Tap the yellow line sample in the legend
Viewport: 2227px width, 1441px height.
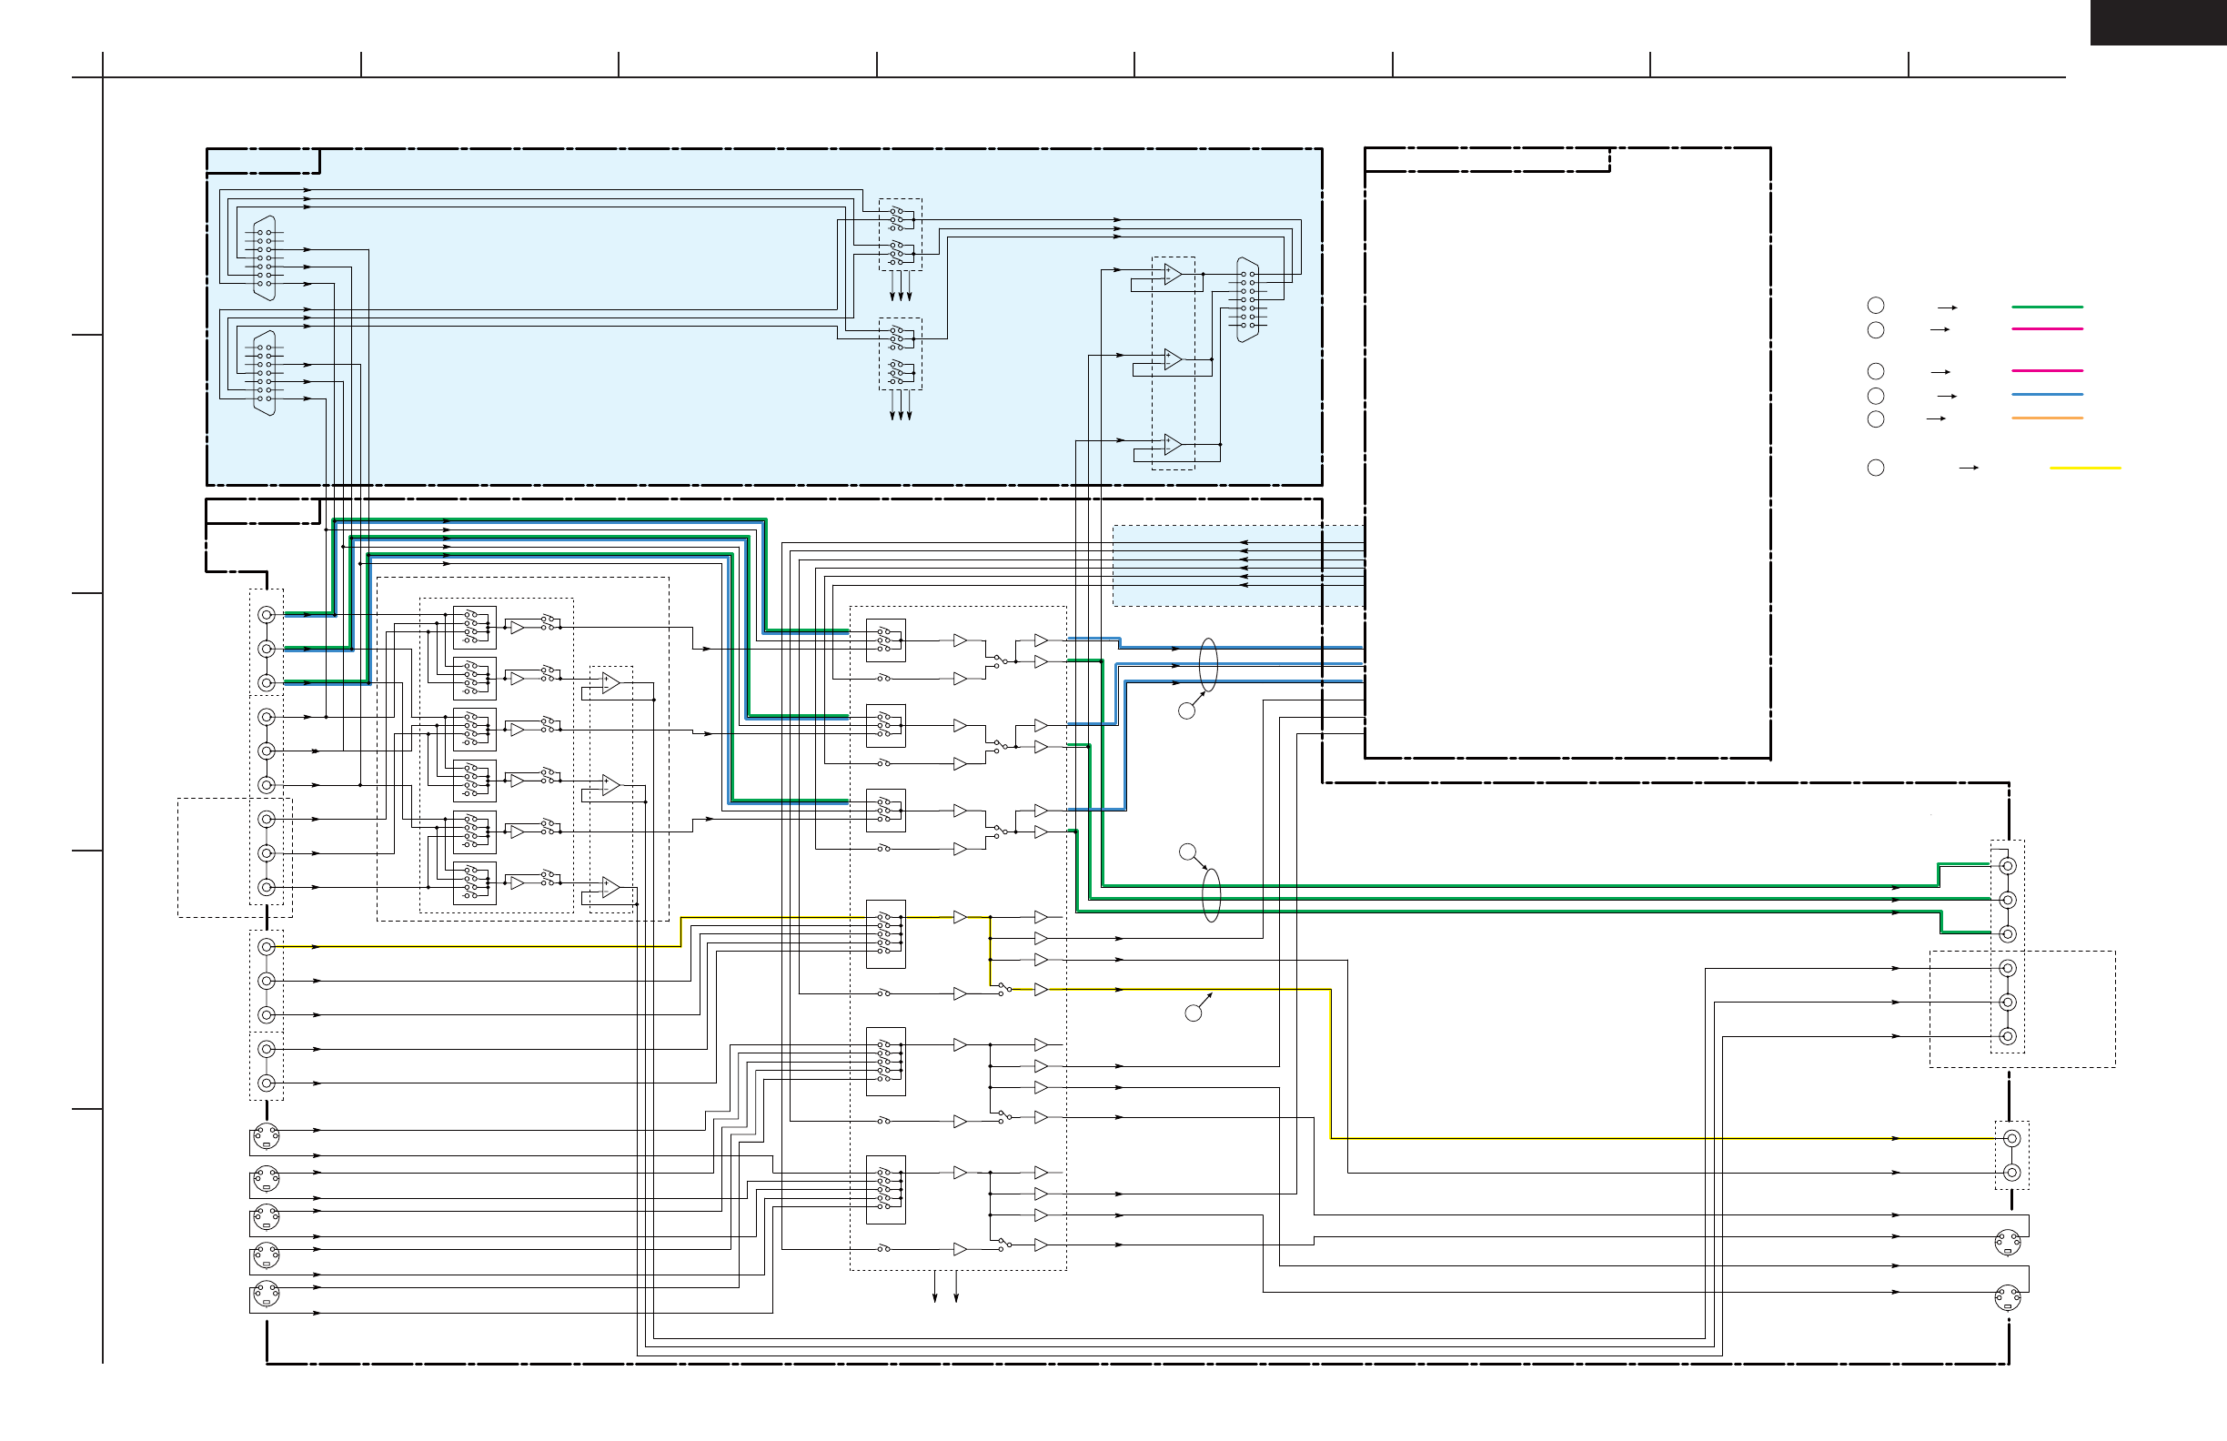tap(2085, 468)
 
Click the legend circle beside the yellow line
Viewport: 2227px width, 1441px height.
tap(1875, 468)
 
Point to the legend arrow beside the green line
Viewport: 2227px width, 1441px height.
tap(1946, 307)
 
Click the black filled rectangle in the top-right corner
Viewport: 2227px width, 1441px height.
tap(2158, 22)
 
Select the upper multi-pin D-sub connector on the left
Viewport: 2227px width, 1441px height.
tap(265, 258)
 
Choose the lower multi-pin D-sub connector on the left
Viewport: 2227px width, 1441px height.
tap(265, 372)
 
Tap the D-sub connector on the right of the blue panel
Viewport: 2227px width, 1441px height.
tap(1247, 300)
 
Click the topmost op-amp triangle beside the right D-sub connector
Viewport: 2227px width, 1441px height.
tap(1172, 274)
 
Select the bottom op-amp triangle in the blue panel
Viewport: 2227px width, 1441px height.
tap(1172, 445)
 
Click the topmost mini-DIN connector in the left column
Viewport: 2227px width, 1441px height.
tap(267, 1135)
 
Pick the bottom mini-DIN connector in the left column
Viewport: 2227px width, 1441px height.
tap(267, 1295)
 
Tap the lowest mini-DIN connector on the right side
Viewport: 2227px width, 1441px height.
tap(2007, 1298)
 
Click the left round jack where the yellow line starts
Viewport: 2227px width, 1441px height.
tap(267, 947)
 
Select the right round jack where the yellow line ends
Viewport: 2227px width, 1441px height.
tap(2011, 1139)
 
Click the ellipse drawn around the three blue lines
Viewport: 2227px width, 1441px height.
tap(1208, 664)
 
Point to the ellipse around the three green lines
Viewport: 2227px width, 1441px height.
tap(1211, 894)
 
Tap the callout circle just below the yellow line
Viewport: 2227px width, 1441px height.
tap(1193, 1013)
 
